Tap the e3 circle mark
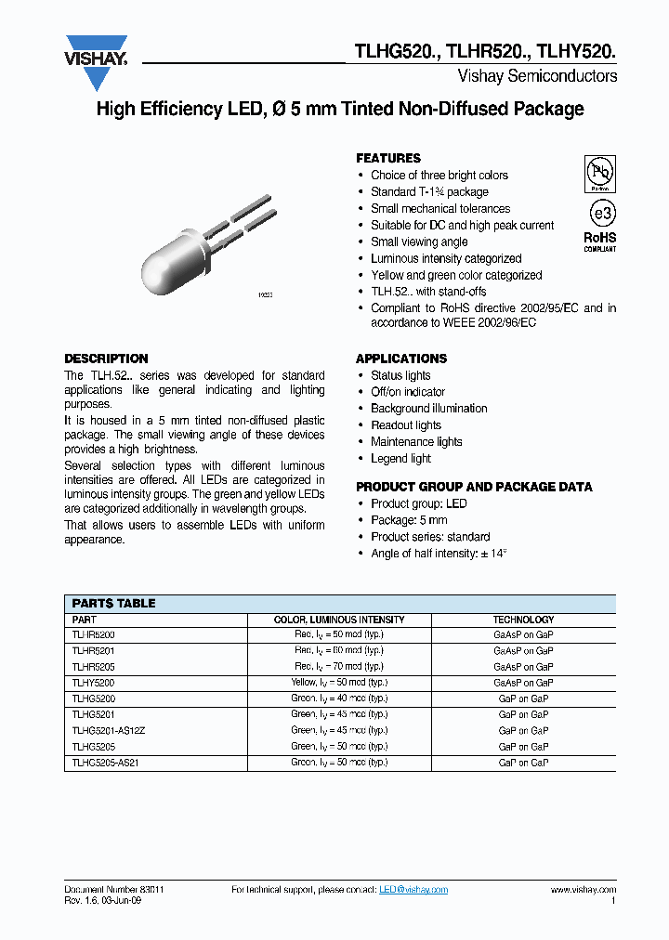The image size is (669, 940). coord(599,213)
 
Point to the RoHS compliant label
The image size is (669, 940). coord(599,242)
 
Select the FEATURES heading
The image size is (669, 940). coord(388,158)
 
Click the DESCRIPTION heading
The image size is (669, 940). coord(106,359)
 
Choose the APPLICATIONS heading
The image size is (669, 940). coord(401,359)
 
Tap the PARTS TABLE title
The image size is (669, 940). coord(113,603)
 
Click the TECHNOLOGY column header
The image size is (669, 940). coord(523,620)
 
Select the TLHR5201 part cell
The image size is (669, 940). coord(94,650)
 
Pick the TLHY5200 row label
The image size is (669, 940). coord(94,682)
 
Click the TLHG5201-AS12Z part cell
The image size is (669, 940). coord(109,730)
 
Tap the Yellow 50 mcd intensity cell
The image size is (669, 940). coord(336,682)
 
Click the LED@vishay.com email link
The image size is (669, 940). coord(413,890)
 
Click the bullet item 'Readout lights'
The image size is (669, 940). coord(406,425)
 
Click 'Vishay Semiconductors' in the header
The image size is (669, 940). coord(537,76)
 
